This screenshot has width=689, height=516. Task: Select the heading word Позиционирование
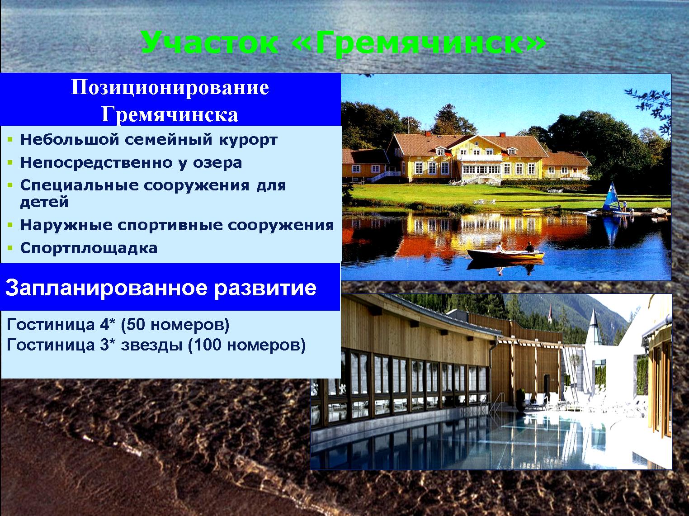[x=170, y=88]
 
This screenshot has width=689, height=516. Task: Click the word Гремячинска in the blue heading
[x=170, y=114]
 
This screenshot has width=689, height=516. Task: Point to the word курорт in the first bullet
[x=248, y=140]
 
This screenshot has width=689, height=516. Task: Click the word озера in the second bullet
[x=217, y=163]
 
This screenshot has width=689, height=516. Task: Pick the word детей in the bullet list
[x=44, y=202]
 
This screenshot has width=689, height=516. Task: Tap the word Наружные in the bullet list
[x=66, y=225]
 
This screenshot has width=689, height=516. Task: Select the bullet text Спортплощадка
[x=89, y=248]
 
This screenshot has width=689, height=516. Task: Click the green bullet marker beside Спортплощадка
[x=10, y=248]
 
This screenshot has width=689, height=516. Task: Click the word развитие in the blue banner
[x=265, y=288]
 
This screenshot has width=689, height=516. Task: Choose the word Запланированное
[x=106, y=288]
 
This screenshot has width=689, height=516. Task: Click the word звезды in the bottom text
[x=151, y=345]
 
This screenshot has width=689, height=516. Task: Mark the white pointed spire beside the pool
[x=594, y=327]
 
